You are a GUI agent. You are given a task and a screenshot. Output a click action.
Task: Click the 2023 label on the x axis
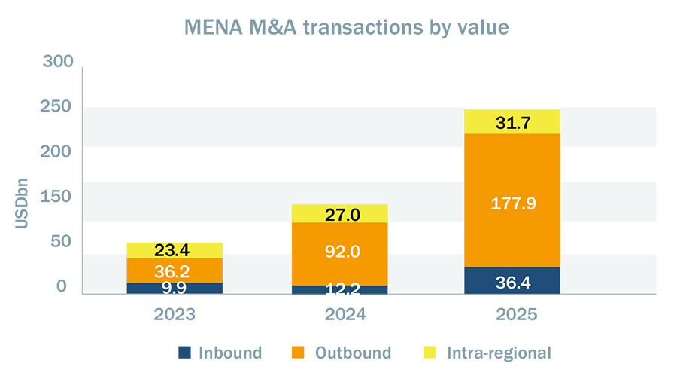click(174, 314)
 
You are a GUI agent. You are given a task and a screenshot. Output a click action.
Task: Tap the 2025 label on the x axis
click(512, 314)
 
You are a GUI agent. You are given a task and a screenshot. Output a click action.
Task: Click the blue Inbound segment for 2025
click(512, 280)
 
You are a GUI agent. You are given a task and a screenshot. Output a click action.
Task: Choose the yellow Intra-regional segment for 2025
click(512, 121)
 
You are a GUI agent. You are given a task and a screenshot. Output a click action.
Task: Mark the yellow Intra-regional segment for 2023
click(174, 250)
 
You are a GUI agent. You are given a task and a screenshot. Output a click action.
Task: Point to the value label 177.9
click(512, 203)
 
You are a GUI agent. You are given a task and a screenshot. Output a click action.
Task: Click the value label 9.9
click(174, 287)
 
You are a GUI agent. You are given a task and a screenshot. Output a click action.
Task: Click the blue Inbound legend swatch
click(184, 352)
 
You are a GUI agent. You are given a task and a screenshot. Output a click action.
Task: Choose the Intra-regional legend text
click(499, 352)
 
